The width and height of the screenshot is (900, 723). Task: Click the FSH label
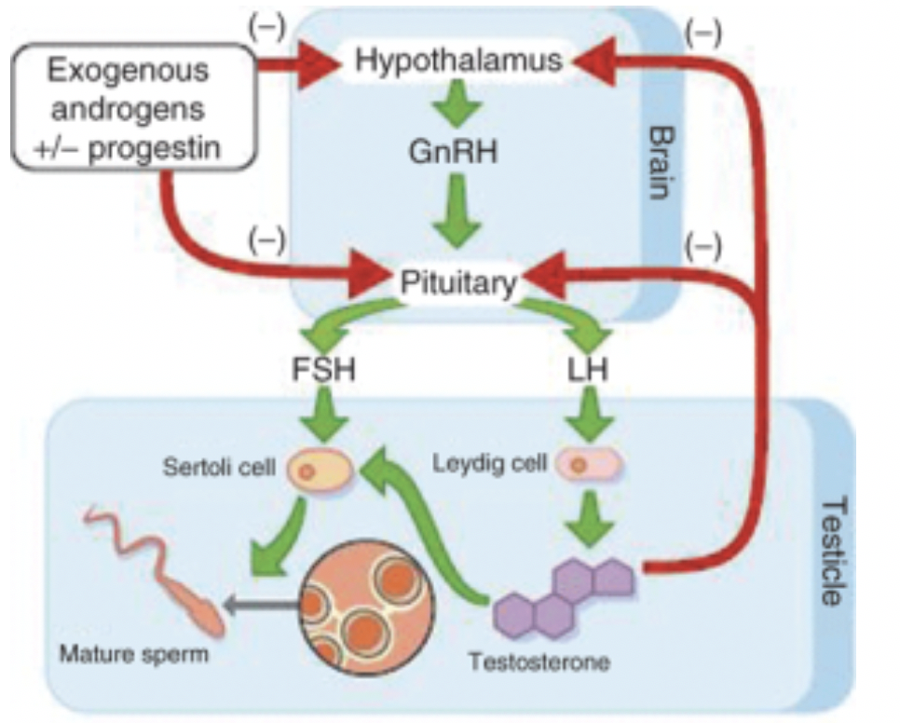[x=323, y=370]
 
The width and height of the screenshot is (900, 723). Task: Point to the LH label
[x=588, y=370]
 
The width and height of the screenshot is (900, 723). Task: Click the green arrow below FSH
[x=323, y=414]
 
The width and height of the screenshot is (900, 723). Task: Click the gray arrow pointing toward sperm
[x=261, y=606]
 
